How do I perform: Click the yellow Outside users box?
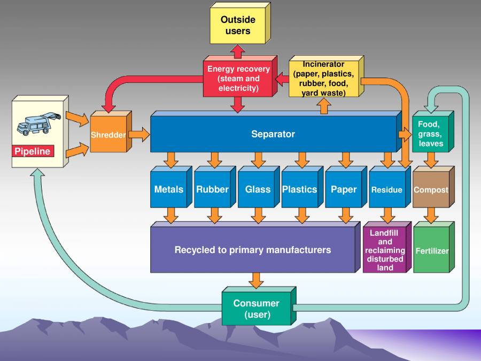tap(238, 25)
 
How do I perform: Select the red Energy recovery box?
tap(238, 78)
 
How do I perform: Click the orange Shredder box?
tap(108, 135)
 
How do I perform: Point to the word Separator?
tap(273, 134)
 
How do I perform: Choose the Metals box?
tap(168, 189)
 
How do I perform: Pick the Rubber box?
tap(212, 189)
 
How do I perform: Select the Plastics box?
tap(299, 189)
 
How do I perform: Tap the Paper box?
tap(344, 189)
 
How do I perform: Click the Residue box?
tap(387, 189)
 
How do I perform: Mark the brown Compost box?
tap(431, 189)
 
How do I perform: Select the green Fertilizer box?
tap(432, 251)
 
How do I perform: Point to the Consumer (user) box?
tap(257, 309)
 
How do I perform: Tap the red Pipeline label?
tap(33, 151)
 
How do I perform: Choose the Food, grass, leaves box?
tap(431, 134)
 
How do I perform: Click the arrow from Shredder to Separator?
tap(139, 134)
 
